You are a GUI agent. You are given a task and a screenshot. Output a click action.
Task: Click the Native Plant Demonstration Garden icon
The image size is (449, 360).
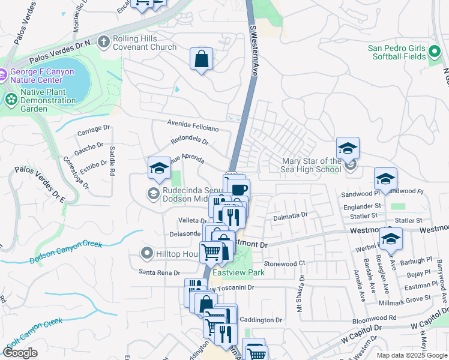[10, 98]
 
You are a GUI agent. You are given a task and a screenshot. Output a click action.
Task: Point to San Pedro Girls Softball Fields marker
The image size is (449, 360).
[435, 56]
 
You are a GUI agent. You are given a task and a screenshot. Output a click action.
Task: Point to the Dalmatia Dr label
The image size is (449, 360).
[291, 215]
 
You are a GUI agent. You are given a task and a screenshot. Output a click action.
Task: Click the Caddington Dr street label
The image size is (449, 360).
[261, 320]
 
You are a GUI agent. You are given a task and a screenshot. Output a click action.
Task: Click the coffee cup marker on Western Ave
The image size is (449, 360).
[240, 190]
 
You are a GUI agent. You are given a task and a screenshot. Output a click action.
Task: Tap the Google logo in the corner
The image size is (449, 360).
[20, 353]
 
